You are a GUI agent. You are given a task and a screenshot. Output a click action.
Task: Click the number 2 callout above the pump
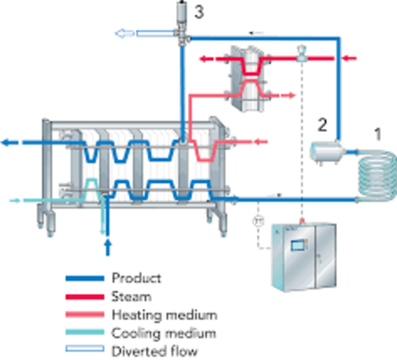tap(323, 125)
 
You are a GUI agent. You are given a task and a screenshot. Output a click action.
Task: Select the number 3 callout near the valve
tap(199, 11)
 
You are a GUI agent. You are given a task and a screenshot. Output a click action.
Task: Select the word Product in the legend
tap(136, 278)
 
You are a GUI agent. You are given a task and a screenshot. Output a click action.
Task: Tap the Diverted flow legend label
tap(147, 350)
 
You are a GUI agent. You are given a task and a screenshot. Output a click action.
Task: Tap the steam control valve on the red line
tap(300, 51)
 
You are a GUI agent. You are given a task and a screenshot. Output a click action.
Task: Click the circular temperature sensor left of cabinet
tap(257, 222)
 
